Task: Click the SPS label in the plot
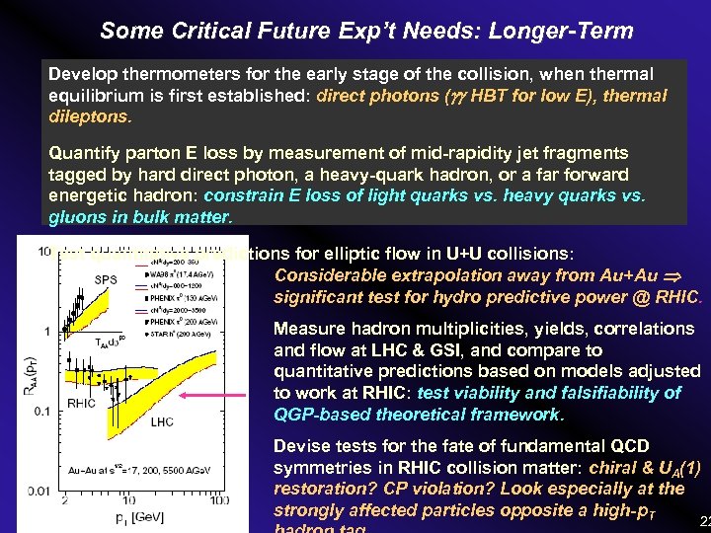click(x=106, y=280)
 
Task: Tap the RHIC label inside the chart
click(x=81, y=403)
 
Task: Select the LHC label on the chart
click(x=163, y=421)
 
